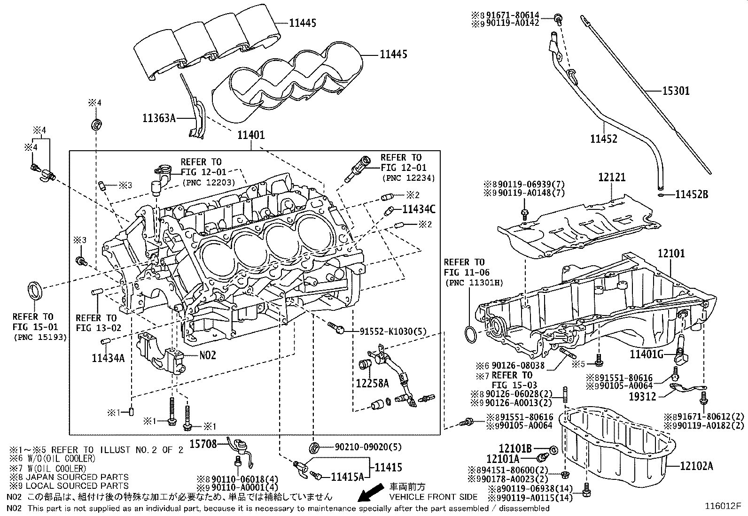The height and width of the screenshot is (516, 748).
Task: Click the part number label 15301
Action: tap(676, 91)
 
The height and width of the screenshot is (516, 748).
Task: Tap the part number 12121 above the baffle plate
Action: tap(612, 177)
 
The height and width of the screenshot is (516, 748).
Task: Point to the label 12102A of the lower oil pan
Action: tap(697, 466)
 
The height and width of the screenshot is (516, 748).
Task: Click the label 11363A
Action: tap(159, 118)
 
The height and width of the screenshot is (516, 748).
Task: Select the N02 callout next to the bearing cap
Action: tap(208, 355)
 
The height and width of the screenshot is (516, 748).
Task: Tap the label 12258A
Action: tap(372, 383)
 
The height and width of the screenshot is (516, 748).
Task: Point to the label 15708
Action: tap(203, 443)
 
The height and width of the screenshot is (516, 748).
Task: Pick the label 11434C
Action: tap(419, 208)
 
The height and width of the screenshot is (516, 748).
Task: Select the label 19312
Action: tap(642, 397)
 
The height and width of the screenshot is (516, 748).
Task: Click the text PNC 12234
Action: tap(408, 178)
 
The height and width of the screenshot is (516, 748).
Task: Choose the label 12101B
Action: tap(515, 449)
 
